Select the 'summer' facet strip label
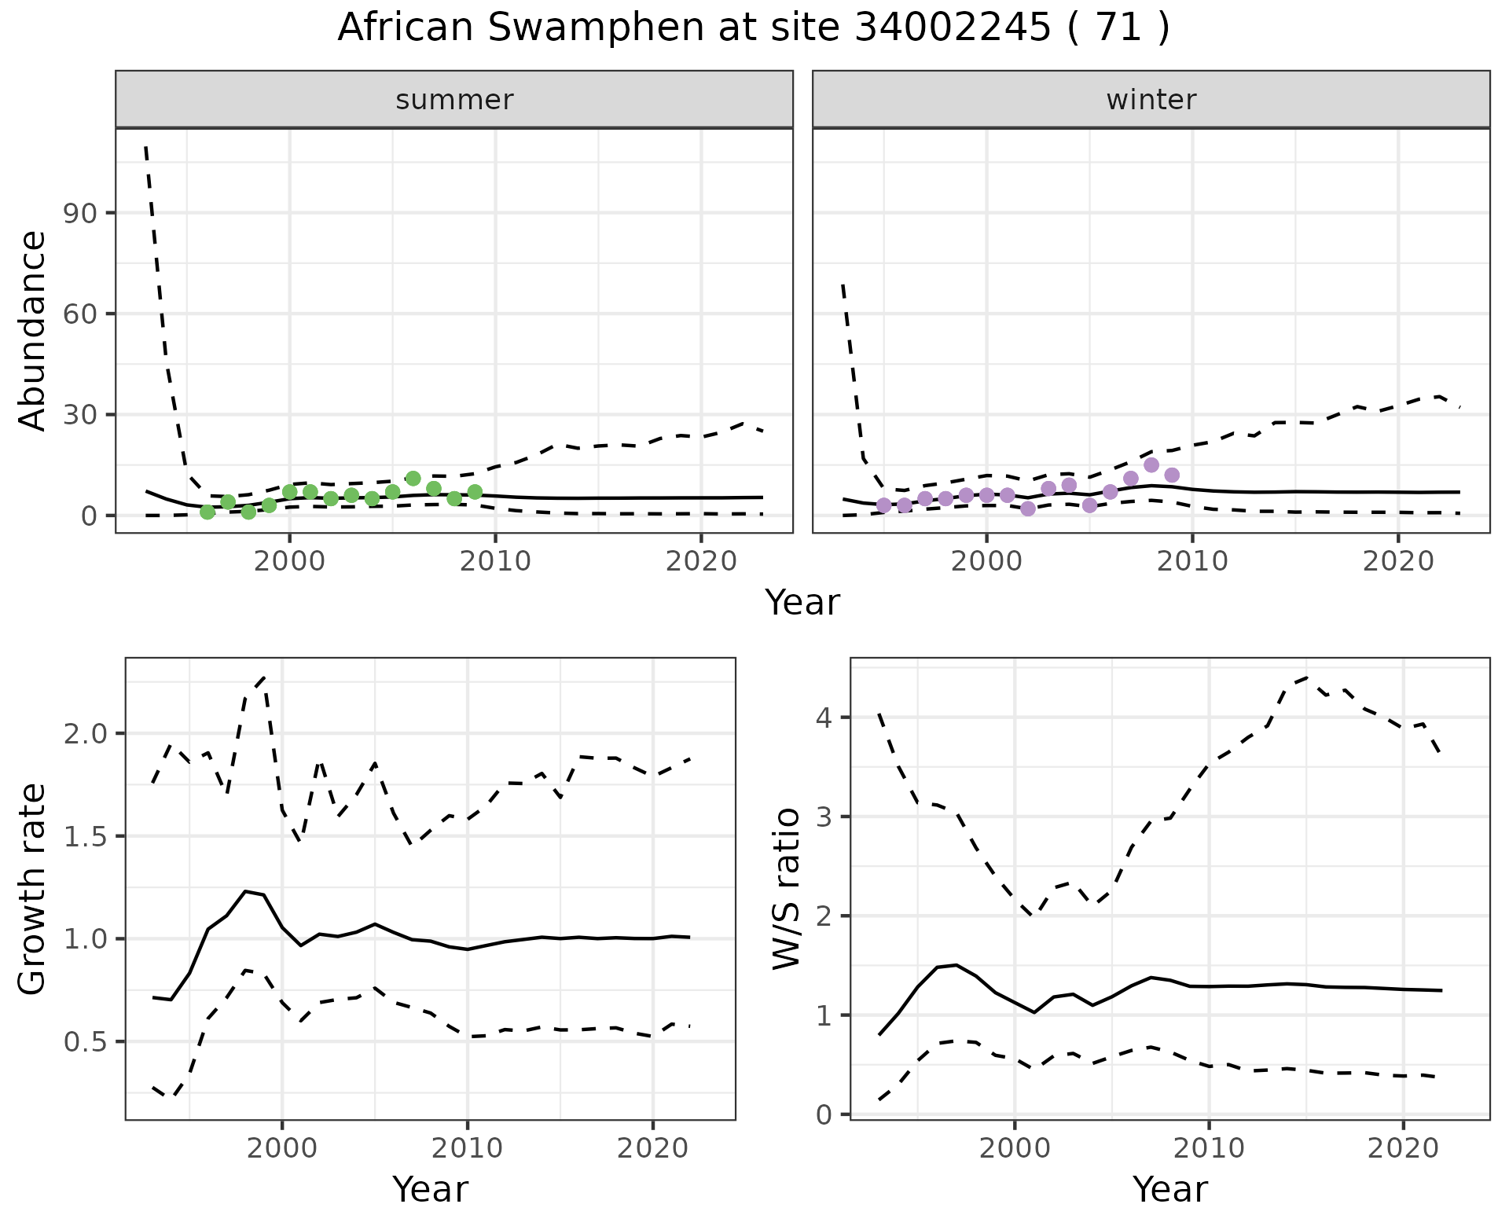[x=454, y=100]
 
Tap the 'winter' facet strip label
[x=1151, y=100]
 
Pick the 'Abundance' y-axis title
[x=33, y=330]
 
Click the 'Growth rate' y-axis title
[x=33, y=888]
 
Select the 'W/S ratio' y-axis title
[x=786, y=888]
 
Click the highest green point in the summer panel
[x=413, y=479]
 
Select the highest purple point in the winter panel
[x=1151, y=465]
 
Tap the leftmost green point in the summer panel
[x=207, y=512]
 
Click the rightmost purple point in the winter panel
[x=1172, y=475]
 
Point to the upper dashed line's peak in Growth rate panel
[x=264, y=677]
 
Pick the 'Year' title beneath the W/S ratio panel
[x=1169, y=1189]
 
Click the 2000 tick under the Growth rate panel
[x=283, y=1148]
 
